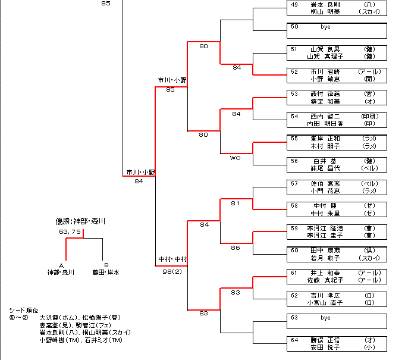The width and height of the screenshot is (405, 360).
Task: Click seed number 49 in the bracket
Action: [294, 4]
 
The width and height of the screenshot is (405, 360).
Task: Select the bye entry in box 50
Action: [325, 27]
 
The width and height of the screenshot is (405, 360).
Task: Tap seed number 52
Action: [294, 71]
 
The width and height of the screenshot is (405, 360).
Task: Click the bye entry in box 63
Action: [325, 318]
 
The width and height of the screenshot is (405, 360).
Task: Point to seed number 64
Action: [294, 340]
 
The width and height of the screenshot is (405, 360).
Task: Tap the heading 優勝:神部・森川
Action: [80, 221]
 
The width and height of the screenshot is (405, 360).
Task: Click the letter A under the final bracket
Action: [61, 265]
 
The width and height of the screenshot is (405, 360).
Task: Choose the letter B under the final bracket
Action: [106, 265]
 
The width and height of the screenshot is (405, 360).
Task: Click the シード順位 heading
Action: [24, 311]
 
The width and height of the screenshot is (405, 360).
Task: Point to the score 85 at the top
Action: [106, 4]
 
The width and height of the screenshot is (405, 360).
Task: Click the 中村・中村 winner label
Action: [172, 259]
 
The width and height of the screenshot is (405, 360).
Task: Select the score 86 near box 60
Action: [236, 248]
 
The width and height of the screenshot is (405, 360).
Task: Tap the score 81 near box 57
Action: [236, 204]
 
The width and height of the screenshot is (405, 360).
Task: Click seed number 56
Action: [294, 161]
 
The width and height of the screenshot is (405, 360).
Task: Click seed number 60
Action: [294, 251]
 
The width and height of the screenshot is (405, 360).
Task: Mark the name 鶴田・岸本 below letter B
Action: [105, 273]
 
